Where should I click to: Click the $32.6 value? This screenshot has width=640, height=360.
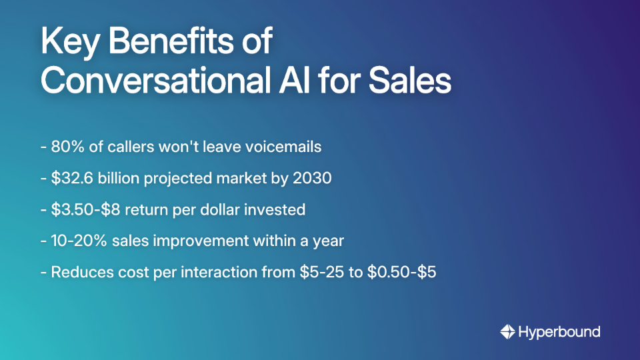click(x=71, y=179)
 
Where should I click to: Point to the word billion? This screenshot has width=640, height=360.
click(x=120, y=179)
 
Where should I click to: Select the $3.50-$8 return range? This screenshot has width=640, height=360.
click(x=86, y=210)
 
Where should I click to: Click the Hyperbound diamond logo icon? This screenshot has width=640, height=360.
click(x=508, y=331)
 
